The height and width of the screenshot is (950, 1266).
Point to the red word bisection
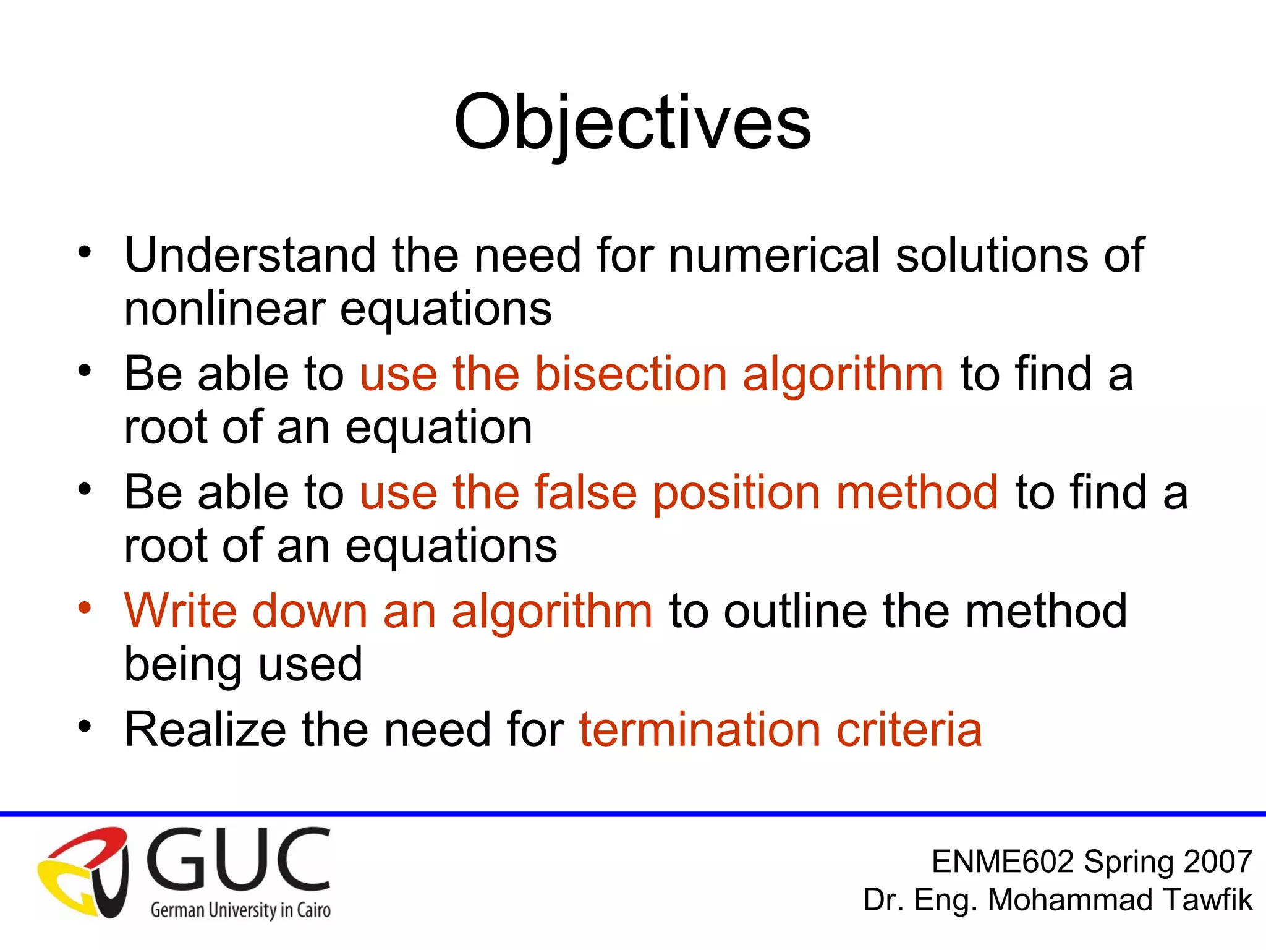click(631, 374)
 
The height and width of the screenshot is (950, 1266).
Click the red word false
click(585, 492)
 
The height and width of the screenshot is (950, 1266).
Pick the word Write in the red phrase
click(180, 611)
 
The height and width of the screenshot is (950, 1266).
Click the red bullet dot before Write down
click(85, 607)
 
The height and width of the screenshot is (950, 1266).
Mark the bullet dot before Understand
click(85, 252)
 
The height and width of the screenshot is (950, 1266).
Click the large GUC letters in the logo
click(239, 860)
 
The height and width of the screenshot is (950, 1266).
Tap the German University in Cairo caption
click(240, 910)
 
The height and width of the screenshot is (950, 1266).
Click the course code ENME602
click(1002, 862)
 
